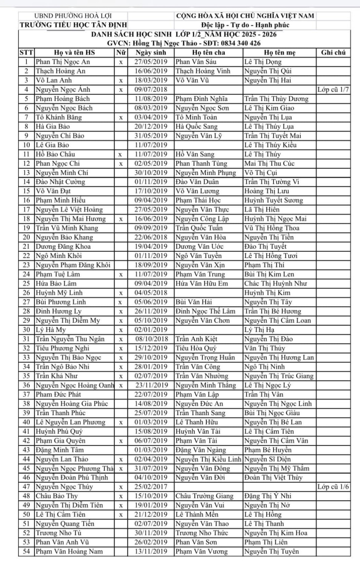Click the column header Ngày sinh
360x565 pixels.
151,53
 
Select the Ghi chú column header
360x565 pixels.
333,53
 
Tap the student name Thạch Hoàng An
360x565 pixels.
61,71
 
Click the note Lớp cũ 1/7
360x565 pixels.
333,90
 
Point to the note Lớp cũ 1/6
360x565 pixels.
333,487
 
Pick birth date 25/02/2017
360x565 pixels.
151,487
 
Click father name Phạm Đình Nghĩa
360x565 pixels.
201,99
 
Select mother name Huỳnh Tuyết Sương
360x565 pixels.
273,200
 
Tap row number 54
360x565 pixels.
26,551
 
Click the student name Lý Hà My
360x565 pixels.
51,330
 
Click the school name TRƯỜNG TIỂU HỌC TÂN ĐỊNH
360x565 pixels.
73,25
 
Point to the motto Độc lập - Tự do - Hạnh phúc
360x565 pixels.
245,25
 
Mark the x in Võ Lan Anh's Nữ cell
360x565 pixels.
121,81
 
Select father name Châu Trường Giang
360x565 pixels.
204,496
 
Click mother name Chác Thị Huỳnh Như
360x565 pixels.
276,284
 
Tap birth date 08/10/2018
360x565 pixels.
151,339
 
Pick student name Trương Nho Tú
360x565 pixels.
58,533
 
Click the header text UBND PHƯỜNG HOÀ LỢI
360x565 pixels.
73,16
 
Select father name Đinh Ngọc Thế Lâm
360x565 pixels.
205,312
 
